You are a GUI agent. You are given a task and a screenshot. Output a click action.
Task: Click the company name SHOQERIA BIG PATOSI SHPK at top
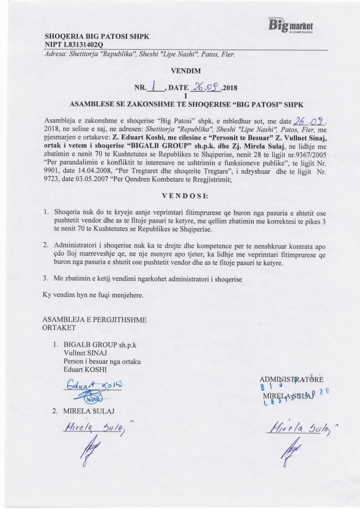[x=97, y=37]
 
